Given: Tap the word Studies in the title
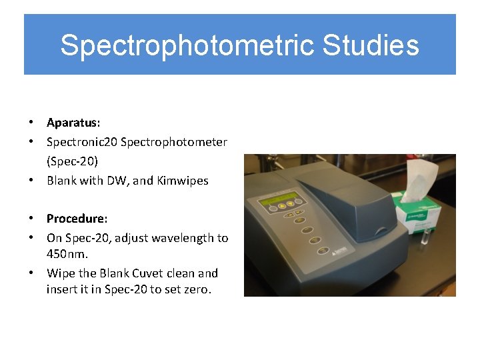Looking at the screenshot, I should [371, 45].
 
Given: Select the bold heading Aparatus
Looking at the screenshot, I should [73, 123].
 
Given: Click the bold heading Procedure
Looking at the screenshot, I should [76, 219].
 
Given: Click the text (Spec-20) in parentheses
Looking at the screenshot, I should [72, 161].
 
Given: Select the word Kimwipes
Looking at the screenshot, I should [183, 180].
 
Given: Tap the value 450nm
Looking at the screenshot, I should [67, 254].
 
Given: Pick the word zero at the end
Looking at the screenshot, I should [197, 289].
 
